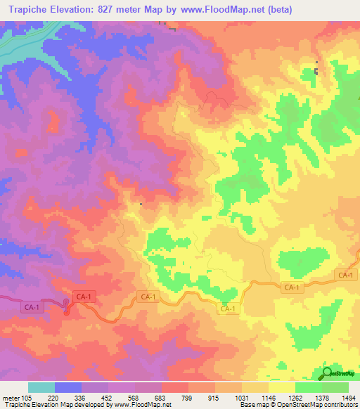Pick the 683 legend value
coord(160,397)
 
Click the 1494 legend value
coord(347,397)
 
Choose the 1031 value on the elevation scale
coord(241,397)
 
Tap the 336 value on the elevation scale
coord(79,397)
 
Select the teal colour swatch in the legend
coord(41,387)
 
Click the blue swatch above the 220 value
coord(67,387)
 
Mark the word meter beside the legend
coord(10,397)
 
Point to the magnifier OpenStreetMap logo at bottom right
coord(328,374)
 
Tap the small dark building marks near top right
coord(316,71)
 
